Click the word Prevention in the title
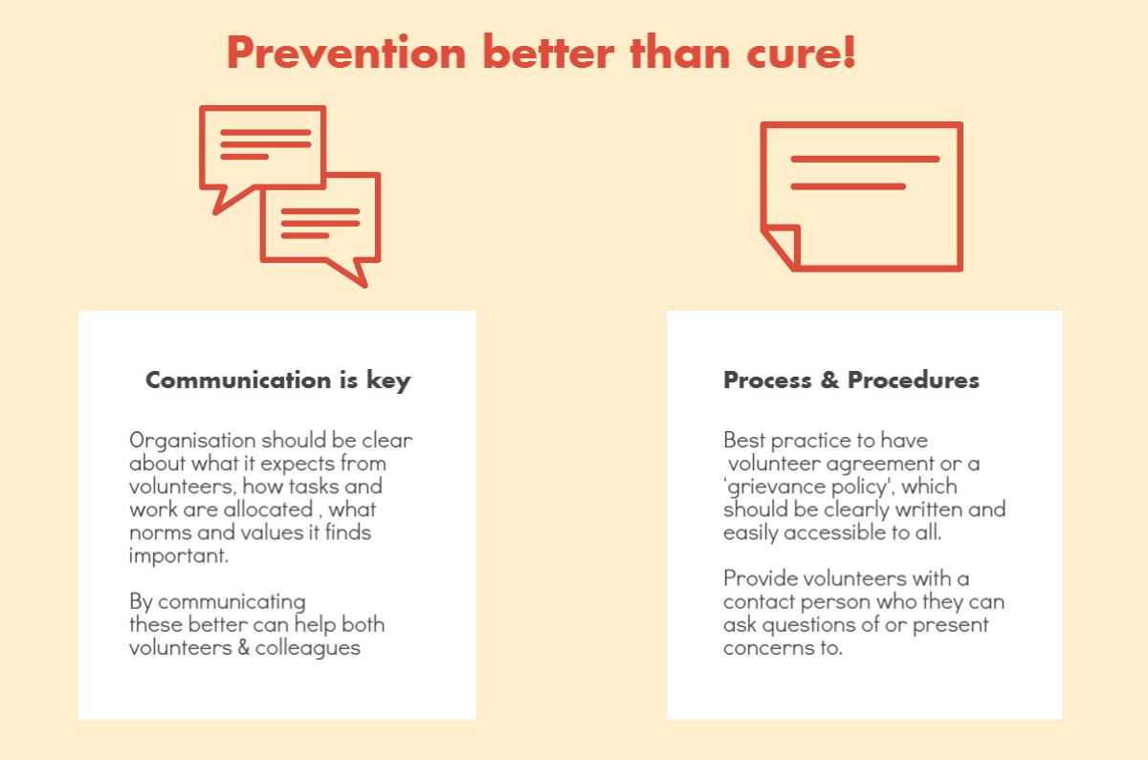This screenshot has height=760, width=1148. point(346,53)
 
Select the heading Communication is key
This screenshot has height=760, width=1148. point(277,380)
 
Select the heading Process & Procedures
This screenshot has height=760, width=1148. point(851,380)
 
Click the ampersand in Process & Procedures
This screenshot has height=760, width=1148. point(829,380)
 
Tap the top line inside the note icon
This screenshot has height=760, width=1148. point(865,160)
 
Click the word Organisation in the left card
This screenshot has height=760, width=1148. point(192,441)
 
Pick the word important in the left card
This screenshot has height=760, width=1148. point(178,556)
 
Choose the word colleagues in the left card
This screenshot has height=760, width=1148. point(307,649)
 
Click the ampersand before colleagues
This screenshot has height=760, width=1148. point(243,648)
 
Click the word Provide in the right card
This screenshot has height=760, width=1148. point(761,578)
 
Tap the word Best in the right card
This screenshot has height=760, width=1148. point(744,441)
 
